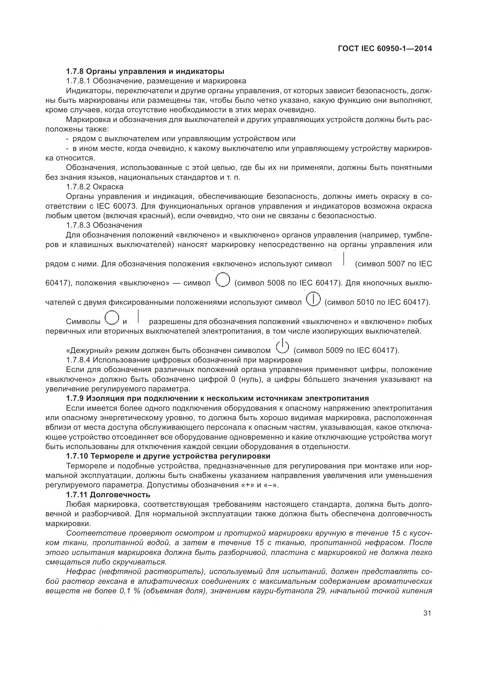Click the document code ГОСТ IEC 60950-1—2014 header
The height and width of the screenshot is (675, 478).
[385, 49]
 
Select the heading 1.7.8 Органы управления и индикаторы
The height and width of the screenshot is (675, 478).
[145, 72]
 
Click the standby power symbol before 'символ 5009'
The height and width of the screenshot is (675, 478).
[282, 347]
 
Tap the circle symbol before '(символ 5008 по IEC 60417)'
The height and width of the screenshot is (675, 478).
[223, 281]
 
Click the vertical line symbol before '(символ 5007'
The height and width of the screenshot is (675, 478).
[344, 259]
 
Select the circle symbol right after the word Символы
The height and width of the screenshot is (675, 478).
[112, 318]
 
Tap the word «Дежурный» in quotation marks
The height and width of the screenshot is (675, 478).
[89, 350]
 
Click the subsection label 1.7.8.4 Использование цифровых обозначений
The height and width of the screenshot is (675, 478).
[184, 360]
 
